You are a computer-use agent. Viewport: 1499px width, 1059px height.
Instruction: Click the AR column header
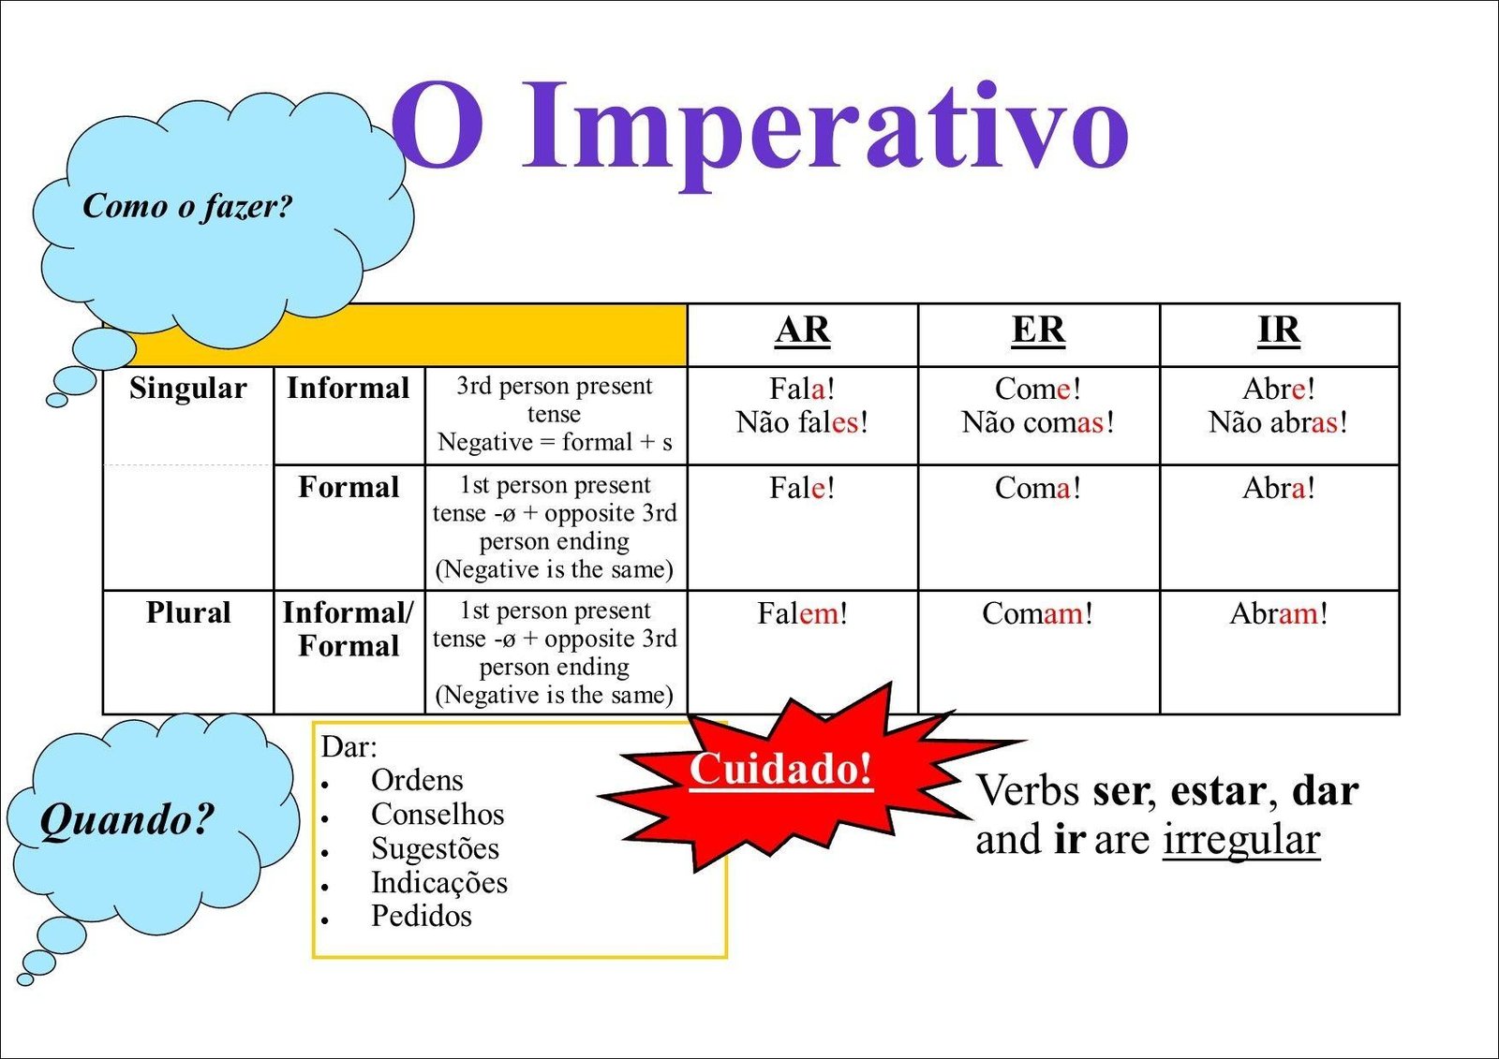click(x=802, y=331)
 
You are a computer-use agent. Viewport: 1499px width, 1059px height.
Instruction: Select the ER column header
click(x=1038, y=331)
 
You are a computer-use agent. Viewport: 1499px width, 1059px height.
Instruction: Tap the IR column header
click(x=1279, y=331)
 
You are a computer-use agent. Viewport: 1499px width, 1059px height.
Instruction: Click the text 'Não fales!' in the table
click(x=802, y=422)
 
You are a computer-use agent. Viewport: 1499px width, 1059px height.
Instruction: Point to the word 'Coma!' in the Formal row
click(x=1037, y=488)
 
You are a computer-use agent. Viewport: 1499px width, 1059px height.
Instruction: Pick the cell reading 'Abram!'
click(x=1278, y=613)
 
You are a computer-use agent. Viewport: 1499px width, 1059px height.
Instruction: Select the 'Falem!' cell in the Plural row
click(x=802, y=613)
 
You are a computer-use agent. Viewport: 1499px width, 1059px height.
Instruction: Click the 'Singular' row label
click(x=188, y=389)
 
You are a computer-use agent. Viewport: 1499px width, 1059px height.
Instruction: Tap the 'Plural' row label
click(x=188, y=612)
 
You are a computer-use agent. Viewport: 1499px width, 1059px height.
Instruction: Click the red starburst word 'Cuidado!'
click(x=781, y=769)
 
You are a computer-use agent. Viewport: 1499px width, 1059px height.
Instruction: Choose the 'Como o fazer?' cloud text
click(x=187, y=205)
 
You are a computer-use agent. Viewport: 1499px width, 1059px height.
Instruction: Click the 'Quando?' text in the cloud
click(x=127, y=819)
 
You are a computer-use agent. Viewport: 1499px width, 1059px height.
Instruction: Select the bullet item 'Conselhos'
click(x=438, y=815)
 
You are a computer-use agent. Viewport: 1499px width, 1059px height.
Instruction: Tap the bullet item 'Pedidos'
click(x=422, y=915)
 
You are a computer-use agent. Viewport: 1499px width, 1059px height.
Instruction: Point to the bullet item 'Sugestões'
click(x=435, y=848)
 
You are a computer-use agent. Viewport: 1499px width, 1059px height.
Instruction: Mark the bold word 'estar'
click(x=1218, y=791)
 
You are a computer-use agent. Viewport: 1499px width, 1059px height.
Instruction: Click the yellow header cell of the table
click(x=411, y=335)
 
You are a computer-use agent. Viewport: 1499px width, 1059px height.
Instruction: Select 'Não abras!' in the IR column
click(x=1278, y=422)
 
